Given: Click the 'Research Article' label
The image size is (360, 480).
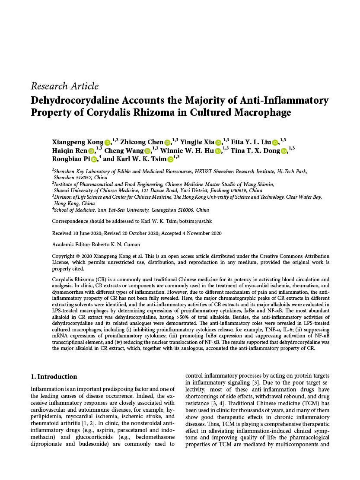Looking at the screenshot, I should pos(64,86).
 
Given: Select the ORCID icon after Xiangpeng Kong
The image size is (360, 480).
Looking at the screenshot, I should pos(108,142).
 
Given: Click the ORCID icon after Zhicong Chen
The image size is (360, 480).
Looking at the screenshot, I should pos(167,142).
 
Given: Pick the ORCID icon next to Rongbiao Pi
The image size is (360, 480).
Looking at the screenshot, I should pos(94,159).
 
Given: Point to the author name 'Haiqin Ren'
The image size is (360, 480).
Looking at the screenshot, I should pos(69,151).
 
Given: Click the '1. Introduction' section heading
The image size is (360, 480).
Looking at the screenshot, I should pos(54,376).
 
